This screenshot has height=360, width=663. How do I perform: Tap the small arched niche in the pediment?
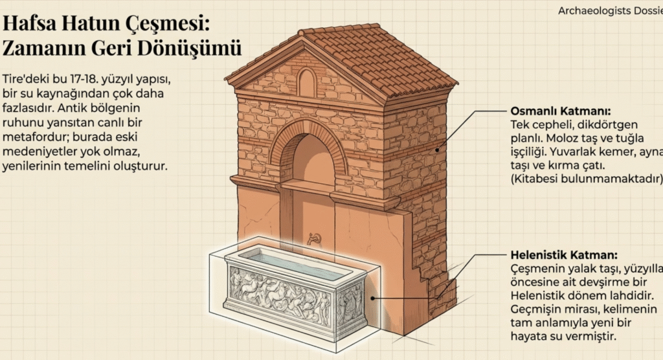point(307,84)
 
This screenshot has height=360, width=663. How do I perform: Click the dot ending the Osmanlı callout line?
point(438,150)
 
